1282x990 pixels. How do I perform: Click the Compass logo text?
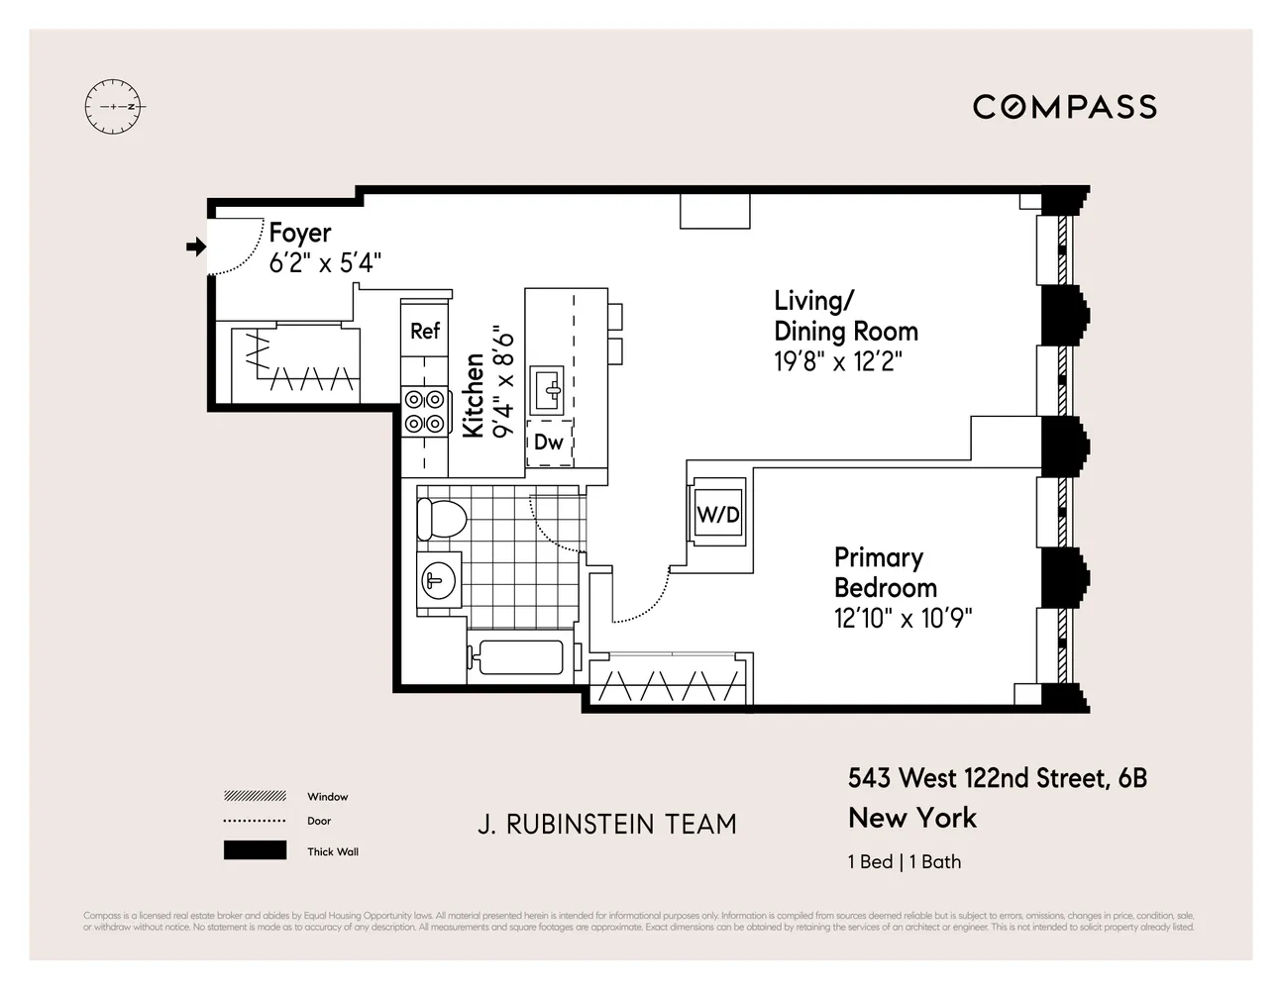point(1064,107)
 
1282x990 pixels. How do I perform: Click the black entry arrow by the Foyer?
point(196,247)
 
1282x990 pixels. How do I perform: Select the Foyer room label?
point(299,234)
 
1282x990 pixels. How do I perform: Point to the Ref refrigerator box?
point(425,331)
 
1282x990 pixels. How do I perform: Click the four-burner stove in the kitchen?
point(424,411)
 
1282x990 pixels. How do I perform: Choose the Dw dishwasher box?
point(548,443)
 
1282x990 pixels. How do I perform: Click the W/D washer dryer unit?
point(718,514)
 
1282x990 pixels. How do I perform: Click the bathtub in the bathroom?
point(515,656)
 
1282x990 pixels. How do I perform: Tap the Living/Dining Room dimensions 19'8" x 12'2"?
point(838,361)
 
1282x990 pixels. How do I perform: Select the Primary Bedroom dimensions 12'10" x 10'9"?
point(903,619)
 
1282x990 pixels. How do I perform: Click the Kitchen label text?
point(474,396)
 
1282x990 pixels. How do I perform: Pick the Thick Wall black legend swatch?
point(255,850)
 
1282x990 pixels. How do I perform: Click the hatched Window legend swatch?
point(255,796)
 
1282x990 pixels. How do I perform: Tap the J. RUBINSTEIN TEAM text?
point(606,824)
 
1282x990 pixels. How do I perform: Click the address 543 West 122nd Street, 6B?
point(997,778)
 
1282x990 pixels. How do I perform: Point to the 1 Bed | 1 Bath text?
point(904,861)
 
